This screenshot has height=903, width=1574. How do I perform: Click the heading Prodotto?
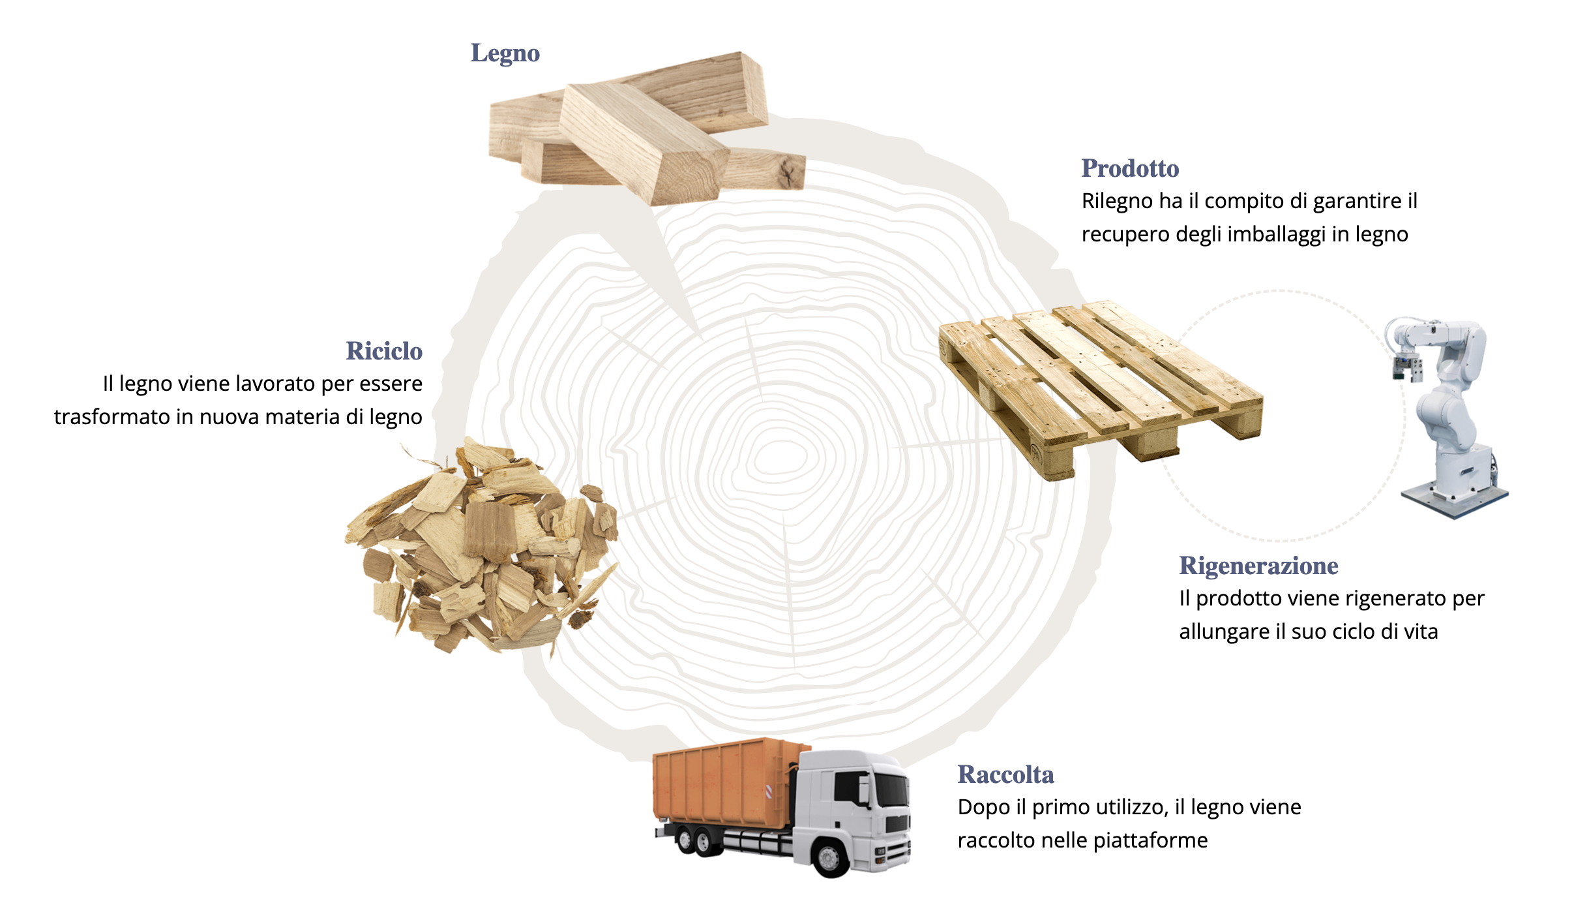1130,168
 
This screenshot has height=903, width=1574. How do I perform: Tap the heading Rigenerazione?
1258,566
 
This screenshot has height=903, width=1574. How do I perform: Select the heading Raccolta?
1005,774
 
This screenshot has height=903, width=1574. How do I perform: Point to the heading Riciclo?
384,351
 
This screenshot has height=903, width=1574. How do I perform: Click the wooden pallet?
1101,389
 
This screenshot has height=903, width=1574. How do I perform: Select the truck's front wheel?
830,857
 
